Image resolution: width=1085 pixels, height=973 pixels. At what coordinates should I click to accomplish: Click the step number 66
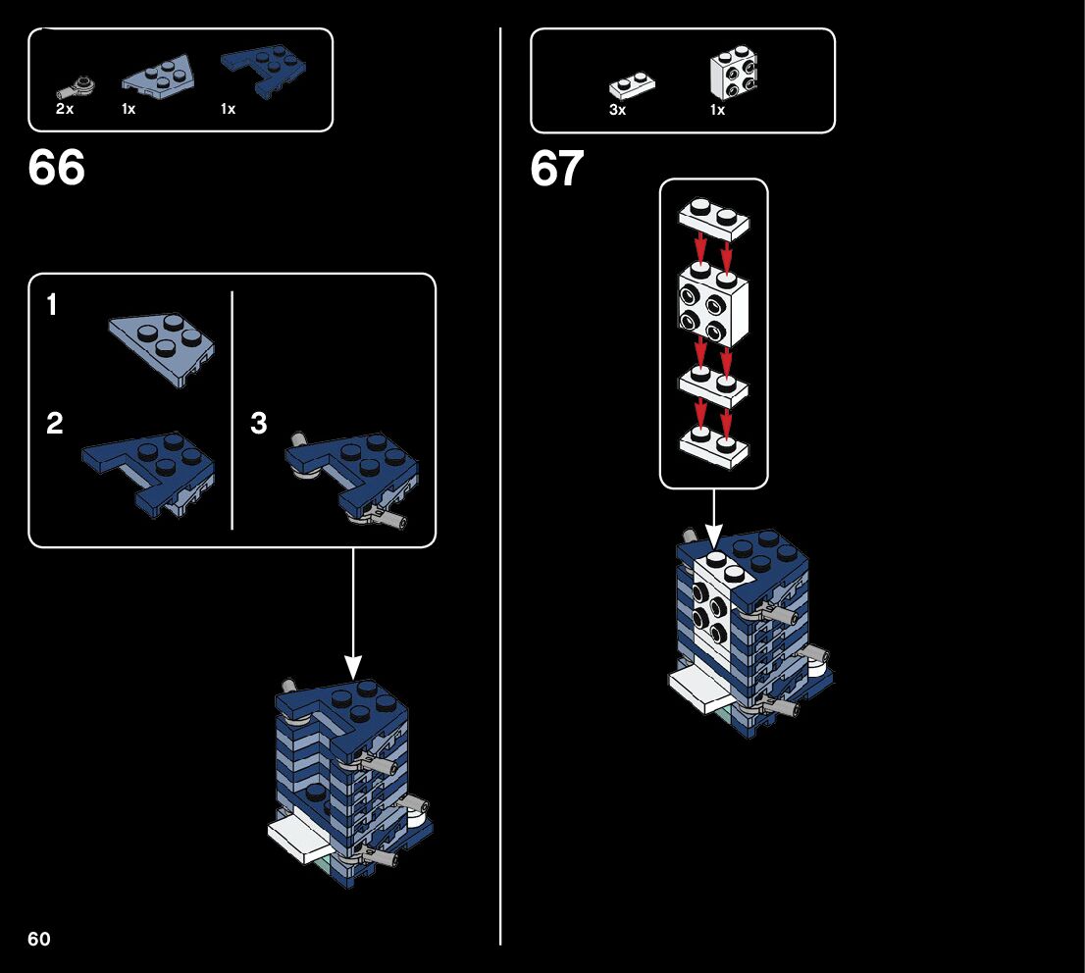tap(57, 169)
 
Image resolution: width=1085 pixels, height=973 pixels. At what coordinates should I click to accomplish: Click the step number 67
tap(557, 170)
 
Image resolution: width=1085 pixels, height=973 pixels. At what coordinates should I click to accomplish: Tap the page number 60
tap(39, 939)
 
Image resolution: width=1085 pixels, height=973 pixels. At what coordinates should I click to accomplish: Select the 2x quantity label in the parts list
tap(65, 109)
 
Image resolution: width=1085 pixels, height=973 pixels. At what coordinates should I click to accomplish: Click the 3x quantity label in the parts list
tap(617, 110)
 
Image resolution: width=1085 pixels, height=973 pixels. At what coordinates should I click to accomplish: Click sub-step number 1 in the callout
tap(52, 307)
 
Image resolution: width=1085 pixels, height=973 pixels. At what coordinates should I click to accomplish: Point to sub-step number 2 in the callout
tap(54, 424)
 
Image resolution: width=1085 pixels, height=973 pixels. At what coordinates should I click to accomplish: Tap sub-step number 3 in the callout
tap(258, 424)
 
